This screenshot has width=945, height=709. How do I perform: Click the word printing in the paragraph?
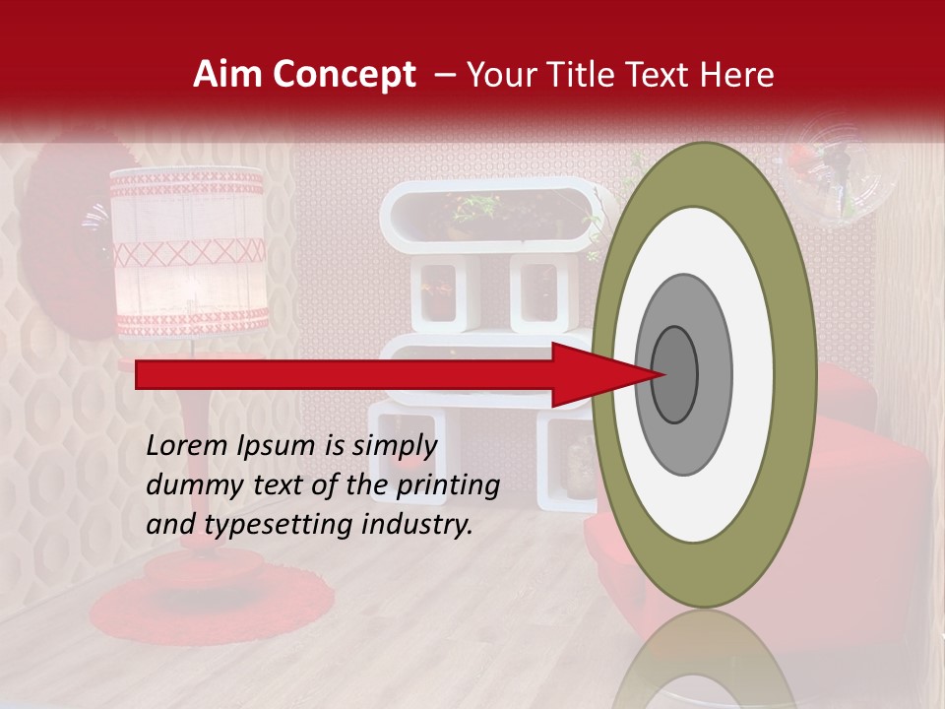tap(448, 486)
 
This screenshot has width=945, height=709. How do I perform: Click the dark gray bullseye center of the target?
tap(675, 374)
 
